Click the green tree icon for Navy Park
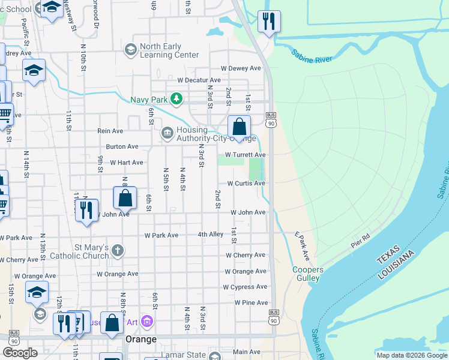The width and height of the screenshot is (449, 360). [x=176, y=98]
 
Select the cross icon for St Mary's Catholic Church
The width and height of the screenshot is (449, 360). [x=118, y=250]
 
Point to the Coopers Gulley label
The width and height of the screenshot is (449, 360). [x=308, y=274]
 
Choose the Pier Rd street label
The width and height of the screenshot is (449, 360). [x=362, y=242]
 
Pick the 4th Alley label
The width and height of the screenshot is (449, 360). [x=211, y=234]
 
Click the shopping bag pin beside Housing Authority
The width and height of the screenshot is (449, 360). [x=239, y=127]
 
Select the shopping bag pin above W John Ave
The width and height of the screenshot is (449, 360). [x=125, y=197]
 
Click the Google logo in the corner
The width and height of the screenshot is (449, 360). [x=20, y=352]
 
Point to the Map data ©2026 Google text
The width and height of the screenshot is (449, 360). [x=411, y=355]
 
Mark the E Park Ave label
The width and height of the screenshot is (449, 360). [x=301, y=246]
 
